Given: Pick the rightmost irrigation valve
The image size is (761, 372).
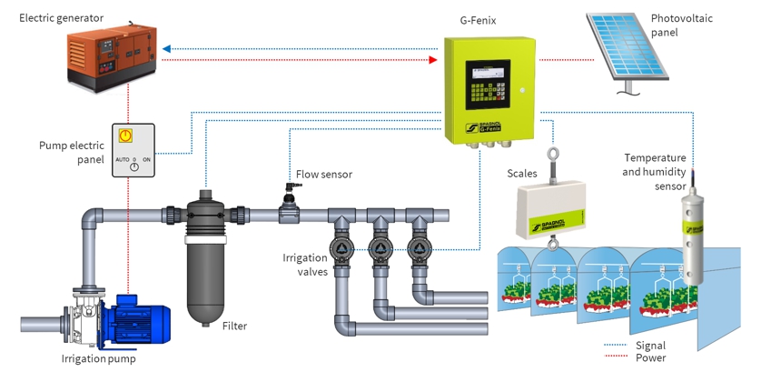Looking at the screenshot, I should (x=418, y=250).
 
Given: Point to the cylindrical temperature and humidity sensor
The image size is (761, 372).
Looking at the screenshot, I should (x=694, y=236).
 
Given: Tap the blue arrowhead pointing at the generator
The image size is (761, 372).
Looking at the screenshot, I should (x=165, y=49).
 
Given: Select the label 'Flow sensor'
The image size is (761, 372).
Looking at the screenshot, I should (x=323, y=174).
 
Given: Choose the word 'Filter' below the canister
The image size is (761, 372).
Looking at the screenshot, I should (x=234, y=326).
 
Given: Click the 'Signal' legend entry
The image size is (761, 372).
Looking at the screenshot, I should (x=651, y=346).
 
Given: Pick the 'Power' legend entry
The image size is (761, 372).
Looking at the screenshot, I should (x=651, y=358).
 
